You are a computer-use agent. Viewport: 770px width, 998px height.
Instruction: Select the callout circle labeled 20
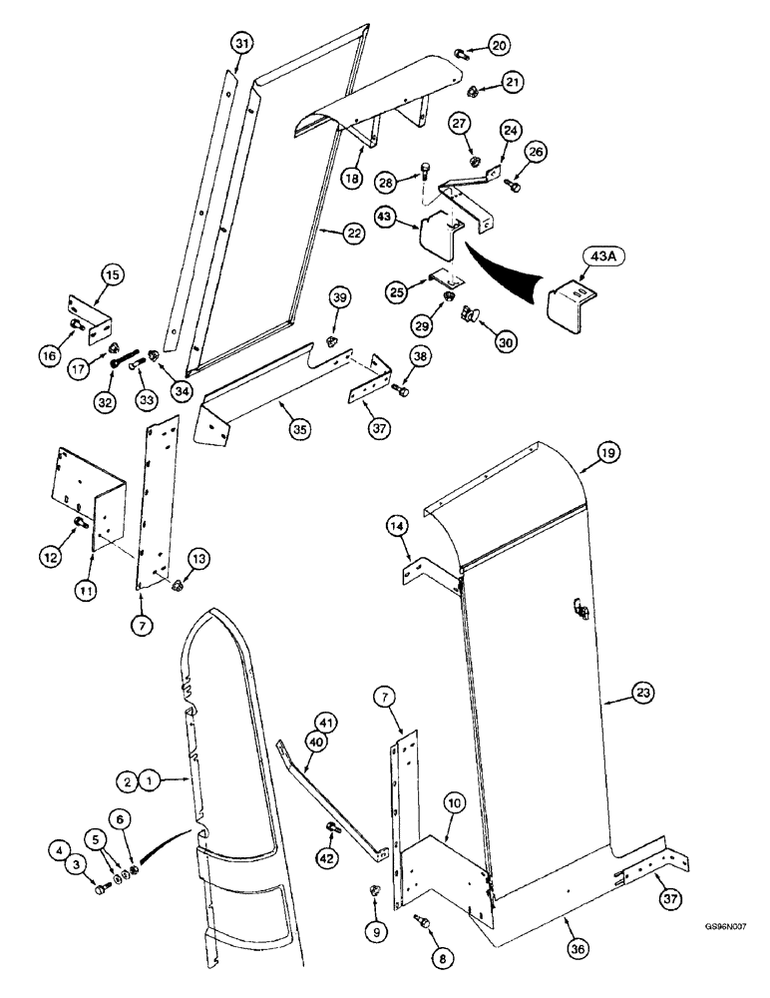click(499, 43)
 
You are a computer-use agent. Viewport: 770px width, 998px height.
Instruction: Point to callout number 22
click(355, 233)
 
